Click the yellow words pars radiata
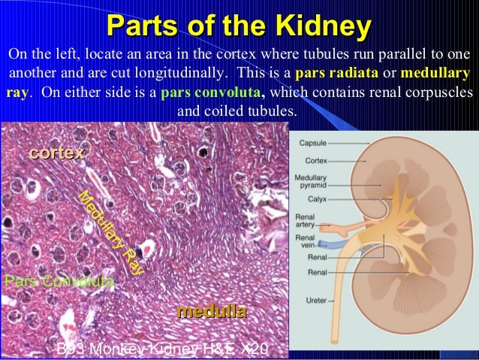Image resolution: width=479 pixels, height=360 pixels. [330, 75]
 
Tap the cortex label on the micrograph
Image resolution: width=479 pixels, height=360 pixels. [56, 153]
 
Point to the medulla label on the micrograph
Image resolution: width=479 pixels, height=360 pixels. [211, 311]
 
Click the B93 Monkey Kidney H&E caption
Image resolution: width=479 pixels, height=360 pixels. [161, 349]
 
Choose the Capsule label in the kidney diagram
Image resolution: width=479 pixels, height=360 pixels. [313, 142]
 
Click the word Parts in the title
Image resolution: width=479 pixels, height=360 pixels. [140, 27]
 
